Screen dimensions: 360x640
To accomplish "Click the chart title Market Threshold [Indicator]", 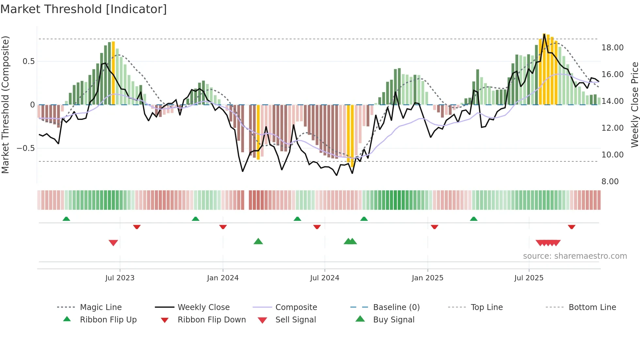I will pyautogui.click(x=84, y=9).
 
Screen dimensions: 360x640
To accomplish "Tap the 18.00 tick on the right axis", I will pyautogui.click(x=612, y=48).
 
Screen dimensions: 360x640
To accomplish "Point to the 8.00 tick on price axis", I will pyautogui.click(x=610, y=182).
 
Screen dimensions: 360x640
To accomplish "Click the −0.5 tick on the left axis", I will pyautogui.click(x=26, y=148).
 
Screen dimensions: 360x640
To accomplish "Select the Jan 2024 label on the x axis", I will pyautogui.click(x=223, y=278).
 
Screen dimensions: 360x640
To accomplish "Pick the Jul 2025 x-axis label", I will pyautogui.click(x=529, y=278).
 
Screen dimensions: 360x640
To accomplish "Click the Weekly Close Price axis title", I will pyautogui.click(x=634, y=105).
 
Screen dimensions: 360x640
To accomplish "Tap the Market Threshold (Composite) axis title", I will pyautogui.click(x=5, y=105).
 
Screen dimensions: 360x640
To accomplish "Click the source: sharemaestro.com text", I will pyautogui.click(x=575, y=256).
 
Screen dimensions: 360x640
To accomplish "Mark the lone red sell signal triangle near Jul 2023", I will pyautogui.click(x=113, y=243).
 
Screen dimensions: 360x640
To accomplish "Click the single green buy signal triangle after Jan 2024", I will pyautogui.click(x=258, y=241).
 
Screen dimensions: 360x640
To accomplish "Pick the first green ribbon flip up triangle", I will pyautogui.click(x=66, y=219).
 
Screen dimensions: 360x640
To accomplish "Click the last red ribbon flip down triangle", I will pyautogui.click(x=571, y=227).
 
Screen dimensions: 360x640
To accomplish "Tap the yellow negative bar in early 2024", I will pyautogui.click(x=258, y=132).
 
